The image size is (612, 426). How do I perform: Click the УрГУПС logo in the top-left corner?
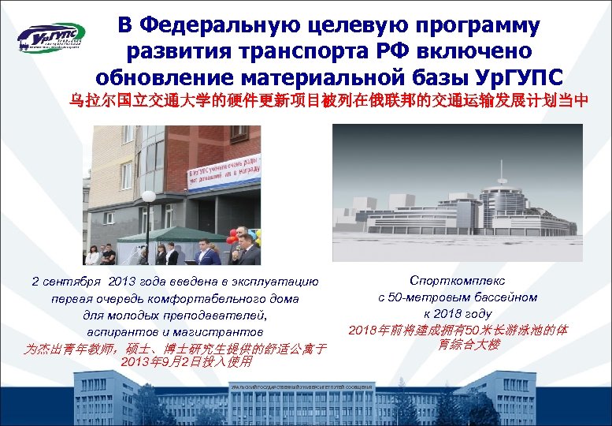(50, 38)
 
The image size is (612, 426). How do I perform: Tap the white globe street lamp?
(148, 196)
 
